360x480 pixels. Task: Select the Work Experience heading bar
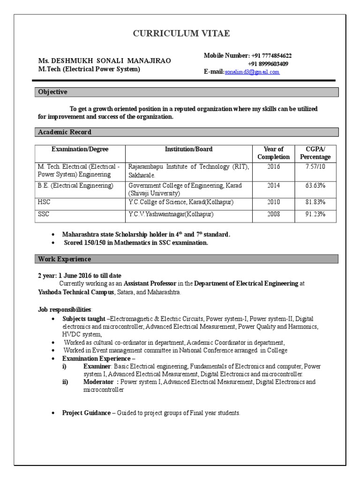pos(187,259)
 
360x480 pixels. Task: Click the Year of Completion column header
pos(274,153)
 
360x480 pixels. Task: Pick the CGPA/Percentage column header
pos(315,153)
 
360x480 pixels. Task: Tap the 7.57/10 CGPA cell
pos(315,167)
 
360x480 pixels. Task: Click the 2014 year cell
pos(274,186)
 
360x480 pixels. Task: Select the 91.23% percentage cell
pos(315,214)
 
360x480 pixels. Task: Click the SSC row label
pos(44,214)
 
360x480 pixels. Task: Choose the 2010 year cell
pos(274,202)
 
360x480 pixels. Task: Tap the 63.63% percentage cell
pos(315,186)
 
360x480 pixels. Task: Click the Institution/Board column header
pos(188,150)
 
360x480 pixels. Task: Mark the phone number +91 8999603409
pos(268,64)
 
